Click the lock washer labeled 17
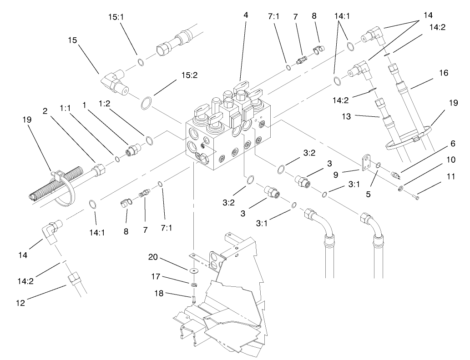click(194, 285)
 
